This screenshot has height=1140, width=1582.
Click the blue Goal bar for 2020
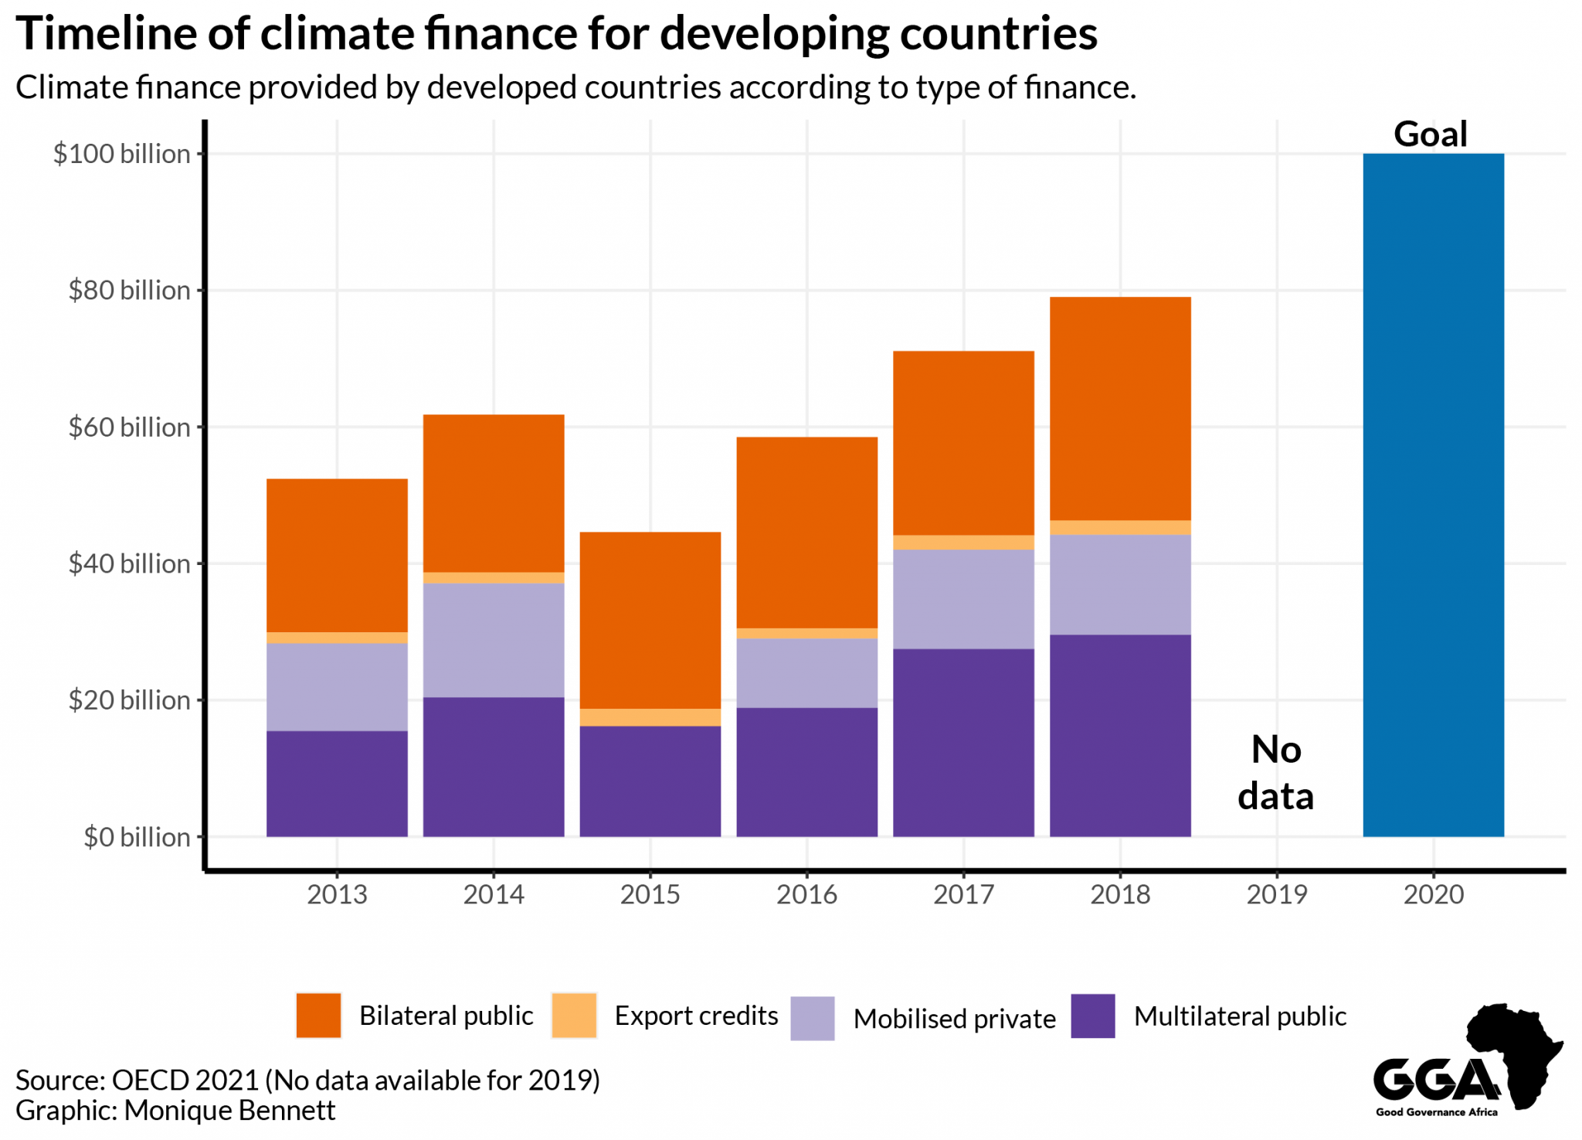click(x=1433, y=495)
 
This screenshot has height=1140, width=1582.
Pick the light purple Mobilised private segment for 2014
click(x=494, y=640)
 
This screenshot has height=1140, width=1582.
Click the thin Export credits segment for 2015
click(x=650, y=717)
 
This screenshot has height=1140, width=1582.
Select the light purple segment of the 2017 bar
click(x=963, y=599)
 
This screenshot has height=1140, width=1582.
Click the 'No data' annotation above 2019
click(x=1275, y=772)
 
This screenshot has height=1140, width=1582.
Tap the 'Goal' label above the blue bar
click(x=1430, y=134)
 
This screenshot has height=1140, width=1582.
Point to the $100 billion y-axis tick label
click(x=121, y=154)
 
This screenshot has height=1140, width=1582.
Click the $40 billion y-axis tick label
click(x=129, y=563)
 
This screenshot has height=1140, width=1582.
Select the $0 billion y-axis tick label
click(x=137, y=837)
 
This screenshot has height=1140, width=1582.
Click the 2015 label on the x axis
click(x=650, y=894)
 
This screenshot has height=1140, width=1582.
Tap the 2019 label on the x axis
click(x=1276, y=894)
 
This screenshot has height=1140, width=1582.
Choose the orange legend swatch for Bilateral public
click(x=318, y=1015)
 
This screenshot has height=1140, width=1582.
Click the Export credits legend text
click(x=695, y=1015)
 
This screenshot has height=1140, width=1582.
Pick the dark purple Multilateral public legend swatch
click(x=1093, y=1016)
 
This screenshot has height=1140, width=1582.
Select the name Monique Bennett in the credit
click(x=229, y=1110)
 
